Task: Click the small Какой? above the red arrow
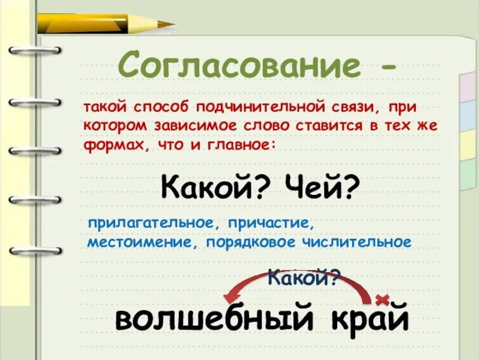tap(304, 277)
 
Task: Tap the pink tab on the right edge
tap(467, 89)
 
